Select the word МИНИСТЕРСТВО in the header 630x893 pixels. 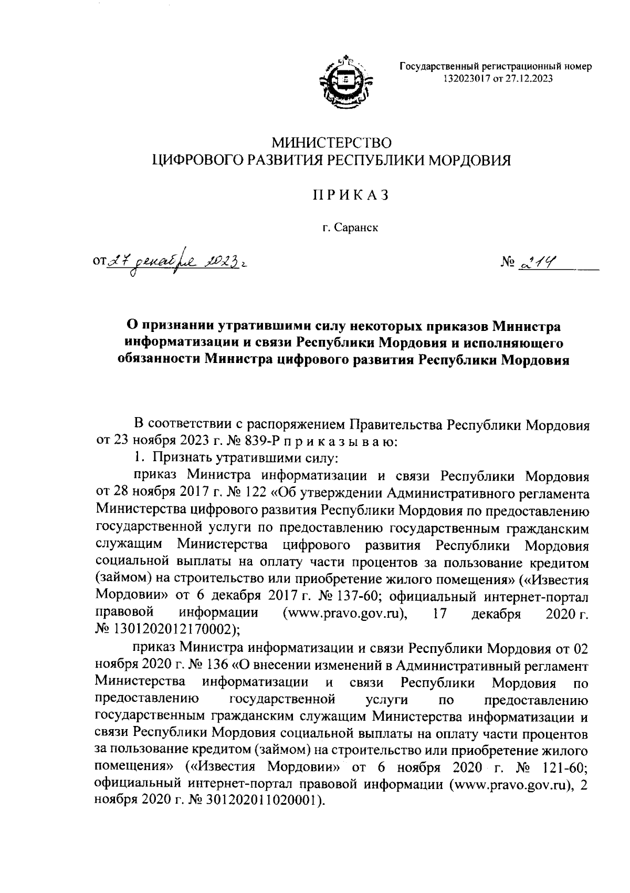tap(331, 142)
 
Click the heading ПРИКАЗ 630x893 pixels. tap(351, 195)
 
